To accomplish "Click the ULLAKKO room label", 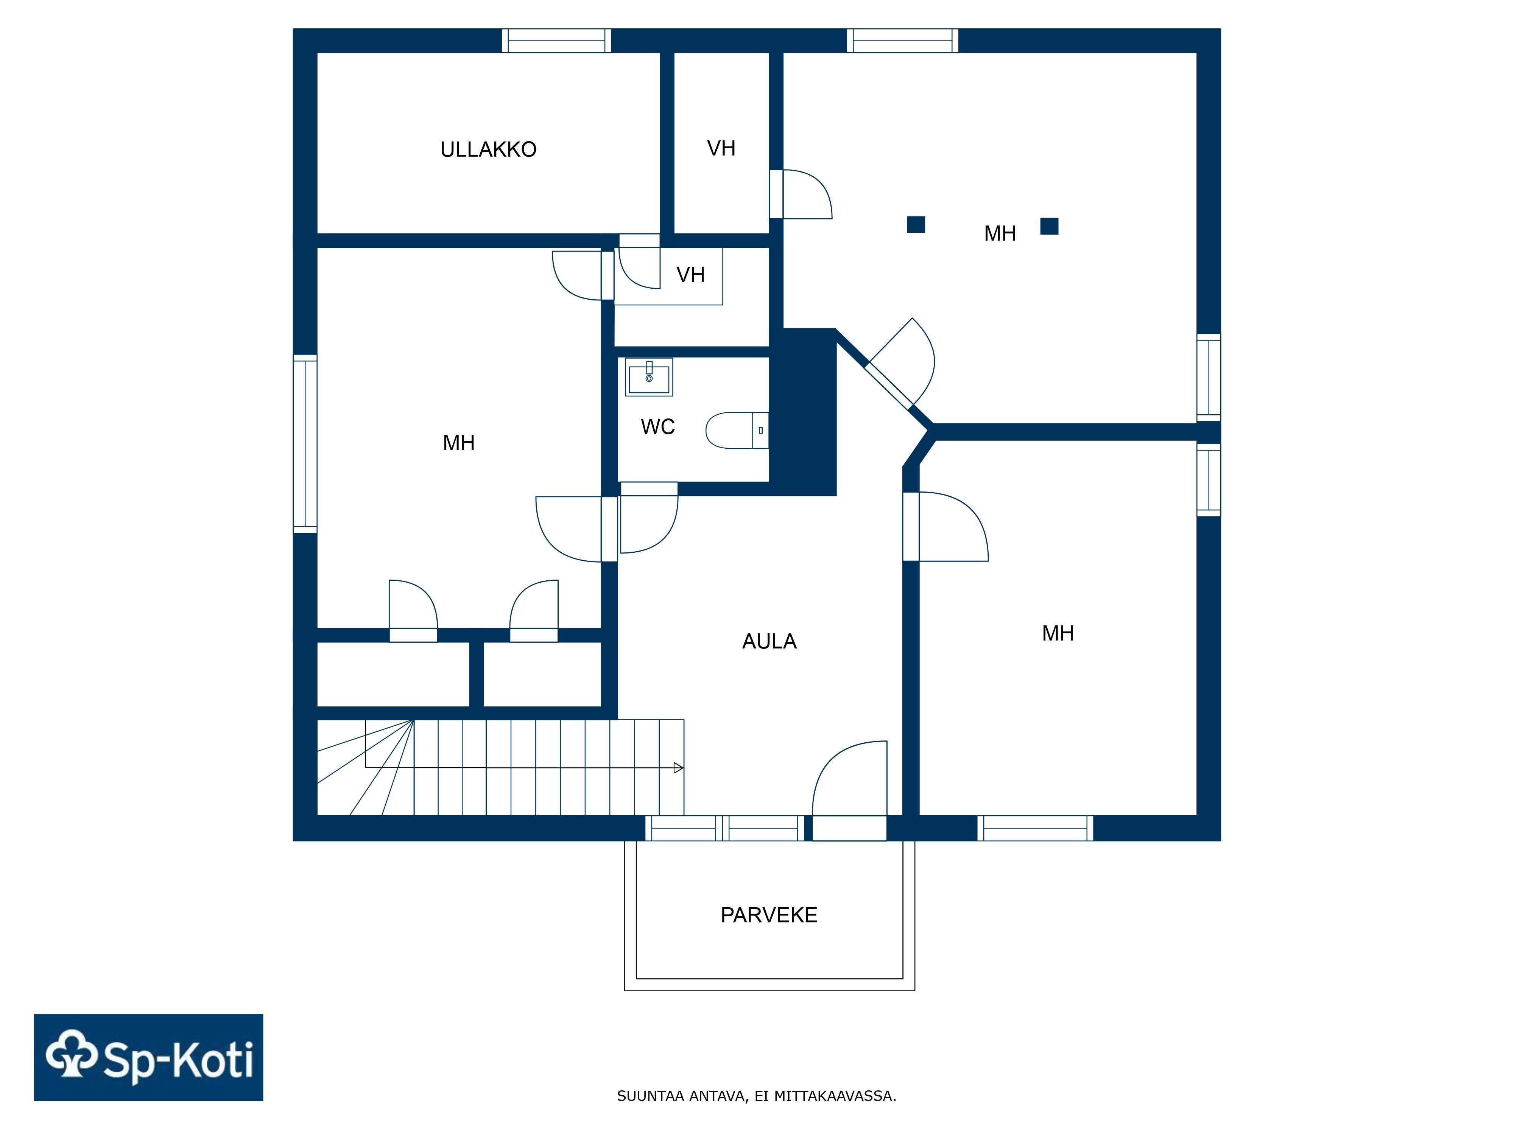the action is point(488,149).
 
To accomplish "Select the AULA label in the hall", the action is point(769,641).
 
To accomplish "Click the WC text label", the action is point(658,427).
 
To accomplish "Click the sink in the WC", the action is point(649,377).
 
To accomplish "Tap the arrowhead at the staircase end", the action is point(678,768).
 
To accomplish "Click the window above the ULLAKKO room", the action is point(556,40).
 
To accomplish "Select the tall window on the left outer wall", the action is point(305,443).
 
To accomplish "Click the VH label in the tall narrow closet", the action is point(721,148).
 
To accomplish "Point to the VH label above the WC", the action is point(691,275).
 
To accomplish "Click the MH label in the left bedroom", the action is point(459,443).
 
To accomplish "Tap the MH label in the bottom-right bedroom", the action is point(1058,634).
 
